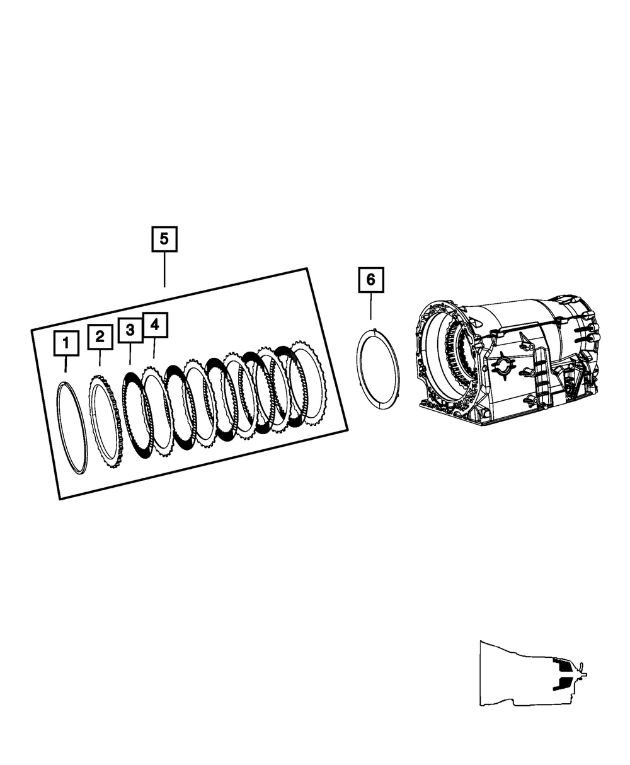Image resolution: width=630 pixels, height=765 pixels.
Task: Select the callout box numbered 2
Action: pos(100,337)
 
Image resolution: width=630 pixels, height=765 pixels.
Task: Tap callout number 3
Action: pos(130,330)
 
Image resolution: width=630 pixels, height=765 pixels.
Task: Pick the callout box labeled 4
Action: pos(154,325)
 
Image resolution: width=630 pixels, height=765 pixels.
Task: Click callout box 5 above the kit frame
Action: pos(164,239)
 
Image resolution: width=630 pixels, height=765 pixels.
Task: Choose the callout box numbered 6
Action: pos(370,279)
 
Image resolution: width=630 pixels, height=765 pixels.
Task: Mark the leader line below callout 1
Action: pos(66,364)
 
